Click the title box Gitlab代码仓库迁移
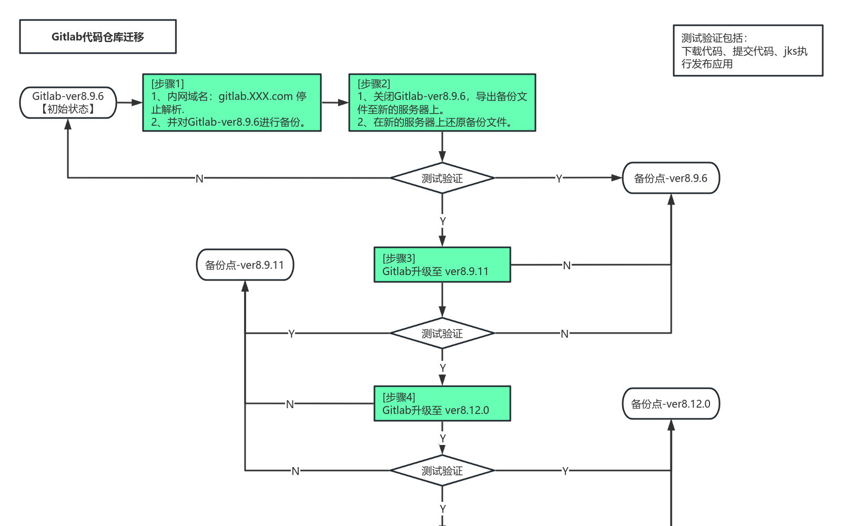[x=98, y=37]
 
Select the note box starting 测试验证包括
[x=747, y=50]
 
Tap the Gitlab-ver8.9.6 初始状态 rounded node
[x=68, y=103]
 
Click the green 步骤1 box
[x=231, y=103]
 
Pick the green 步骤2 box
[x=442, y=103]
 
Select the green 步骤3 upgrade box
[x=442, y=265]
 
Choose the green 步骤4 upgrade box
[x=442, y=403]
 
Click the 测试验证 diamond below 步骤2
[x=442, y=178]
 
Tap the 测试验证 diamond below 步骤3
[x=442, y=333]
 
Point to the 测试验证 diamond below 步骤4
[x=442, y=471]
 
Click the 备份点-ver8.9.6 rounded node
[x=671, y=178]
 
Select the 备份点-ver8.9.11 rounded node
[x=245, y=265]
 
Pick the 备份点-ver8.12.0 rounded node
[x=671, y=404]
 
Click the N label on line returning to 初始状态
[x=199, y=179]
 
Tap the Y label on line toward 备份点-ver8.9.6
[x=559, y=179]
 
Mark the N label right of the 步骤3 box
[x=566, y=266]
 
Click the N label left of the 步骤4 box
[x=290, y=404]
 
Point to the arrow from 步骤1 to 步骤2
[x=335, y=103]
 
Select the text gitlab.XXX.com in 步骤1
[x=256, y=96]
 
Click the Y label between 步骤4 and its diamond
[x=443, y=438]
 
